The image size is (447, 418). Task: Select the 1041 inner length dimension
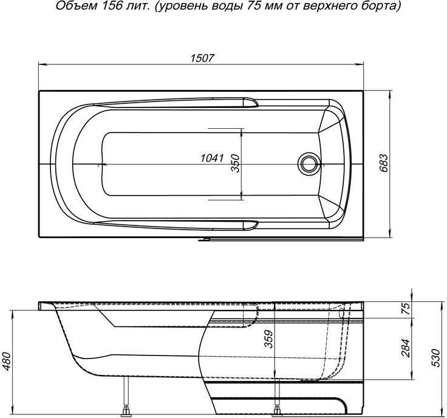212,159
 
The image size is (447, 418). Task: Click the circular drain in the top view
308,163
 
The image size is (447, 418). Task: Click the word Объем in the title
69,7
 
